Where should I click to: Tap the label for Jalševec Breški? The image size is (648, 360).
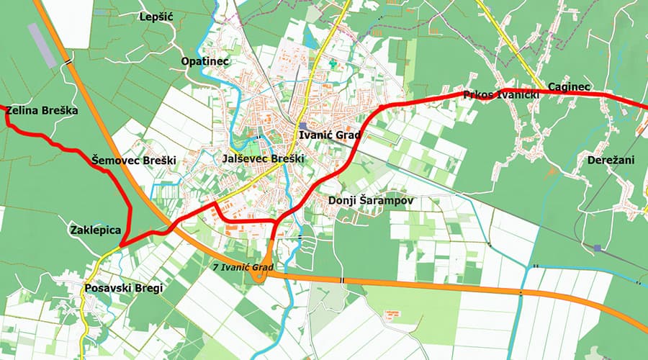pos(264,158)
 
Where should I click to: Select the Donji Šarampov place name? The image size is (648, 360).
pos(371,200)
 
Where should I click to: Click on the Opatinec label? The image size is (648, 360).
pos(205,61)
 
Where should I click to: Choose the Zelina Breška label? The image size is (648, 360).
pos(41,111)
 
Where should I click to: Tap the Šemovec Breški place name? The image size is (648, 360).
pos(134,160)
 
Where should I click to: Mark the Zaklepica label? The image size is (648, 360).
pos(94,230)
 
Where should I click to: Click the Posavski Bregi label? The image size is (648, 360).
pos(124,288)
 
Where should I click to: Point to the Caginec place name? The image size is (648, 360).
pos(569,87)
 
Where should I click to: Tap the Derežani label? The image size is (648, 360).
pos(611,160)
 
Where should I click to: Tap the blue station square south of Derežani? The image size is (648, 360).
pos(597,248)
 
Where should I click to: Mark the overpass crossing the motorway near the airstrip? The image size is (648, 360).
pos(68,63)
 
